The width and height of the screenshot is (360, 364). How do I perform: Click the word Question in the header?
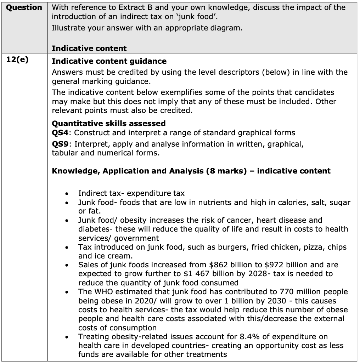pos(24,7)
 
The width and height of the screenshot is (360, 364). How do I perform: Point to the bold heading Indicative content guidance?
pos(109,61)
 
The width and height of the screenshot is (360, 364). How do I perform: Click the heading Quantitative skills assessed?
pos(108,123)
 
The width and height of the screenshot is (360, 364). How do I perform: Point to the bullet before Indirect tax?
pos(66,194)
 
